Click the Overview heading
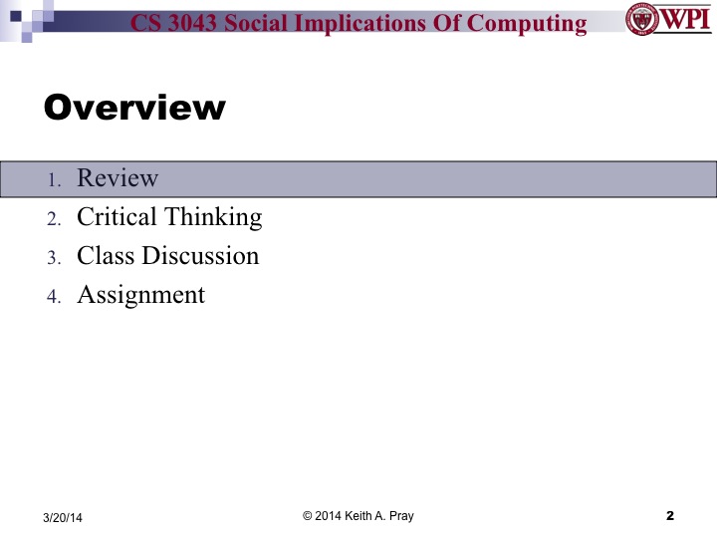pos(135,108)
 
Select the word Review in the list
pos(118,178)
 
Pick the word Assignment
pos(140,295)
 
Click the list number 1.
pos(56,180)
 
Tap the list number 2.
pos(55,219)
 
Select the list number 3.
pos(55,258)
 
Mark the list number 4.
pos(55,297)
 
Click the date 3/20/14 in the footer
pos(63,516)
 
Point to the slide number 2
pos(669,515)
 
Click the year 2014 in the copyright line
pos(328,515)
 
